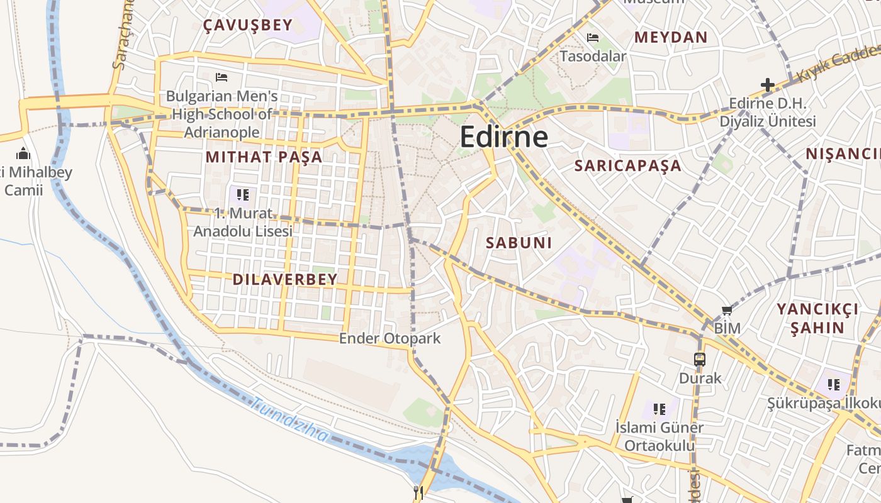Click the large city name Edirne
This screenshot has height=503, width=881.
tap(503, 136)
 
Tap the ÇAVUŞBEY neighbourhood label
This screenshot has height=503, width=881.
tap(248, 25)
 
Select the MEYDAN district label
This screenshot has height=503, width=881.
tap(671, 37)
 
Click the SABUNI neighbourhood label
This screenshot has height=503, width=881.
tap(519, 243)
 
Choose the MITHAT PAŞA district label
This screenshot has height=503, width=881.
tap(264, 157)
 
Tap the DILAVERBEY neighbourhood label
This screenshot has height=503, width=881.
tap(285, 279)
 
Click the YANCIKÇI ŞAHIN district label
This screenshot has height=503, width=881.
tap(817, 318)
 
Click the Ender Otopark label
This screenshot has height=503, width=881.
tap(390, 339)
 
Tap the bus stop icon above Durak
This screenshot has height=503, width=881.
tap(700, 360)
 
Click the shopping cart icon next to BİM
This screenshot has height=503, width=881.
tap(727, 310)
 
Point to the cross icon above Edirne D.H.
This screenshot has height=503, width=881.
tap(767, 84)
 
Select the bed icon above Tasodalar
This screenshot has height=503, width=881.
tap(593, 38)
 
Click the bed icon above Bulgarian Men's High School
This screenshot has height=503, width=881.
tap(222, 77)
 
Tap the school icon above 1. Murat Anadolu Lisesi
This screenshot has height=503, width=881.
tap(243, 194)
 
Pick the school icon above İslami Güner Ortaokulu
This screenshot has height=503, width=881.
tap(659, 409)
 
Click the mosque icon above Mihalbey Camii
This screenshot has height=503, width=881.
tap(23, 153)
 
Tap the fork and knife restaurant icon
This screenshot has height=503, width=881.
tap(418, 492)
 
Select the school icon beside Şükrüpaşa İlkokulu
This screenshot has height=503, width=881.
tap(834, 384)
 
